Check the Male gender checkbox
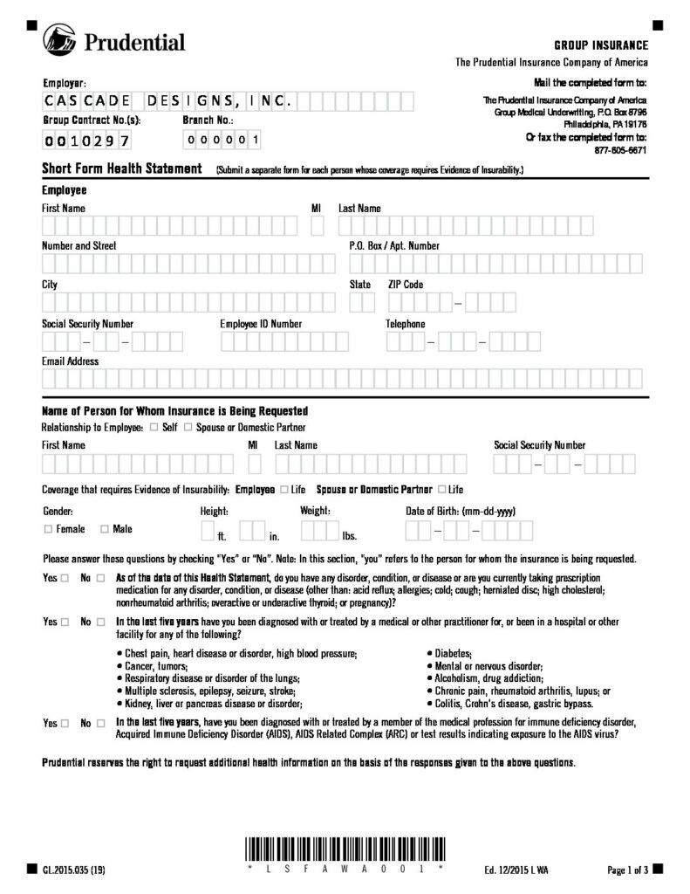click(x=105, y=529)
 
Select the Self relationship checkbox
click(x=154, y=428)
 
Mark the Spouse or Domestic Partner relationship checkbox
click(x=188, y=428)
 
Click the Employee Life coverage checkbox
click(x=284, y=490)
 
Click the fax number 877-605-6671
click(x=619, y=150)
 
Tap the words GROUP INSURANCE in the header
click(x=601, y=45)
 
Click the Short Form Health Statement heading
click(x=122, y=168)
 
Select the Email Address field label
click(x=71, y=361)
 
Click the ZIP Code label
click(x=406, y=285)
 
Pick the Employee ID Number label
click(x=261, y=324)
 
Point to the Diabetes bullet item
click(x=453, y=654)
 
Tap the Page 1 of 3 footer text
click(x=626, y=870)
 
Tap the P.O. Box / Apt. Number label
click(x=388, y=246)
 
